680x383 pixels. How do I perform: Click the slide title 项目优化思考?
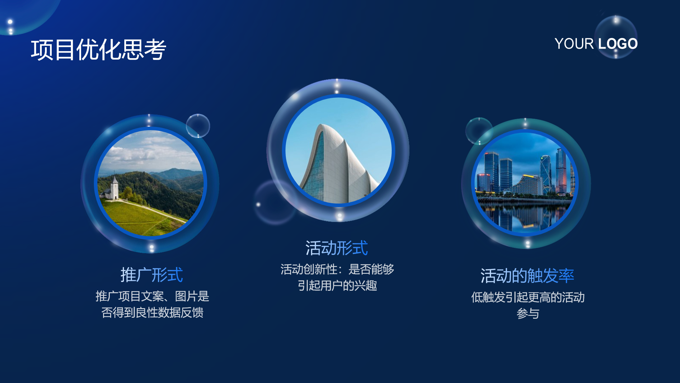[98, 50]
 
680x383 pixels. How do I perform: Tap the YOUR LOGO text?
[596, 44]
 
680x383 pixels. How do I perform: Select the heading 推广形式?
[152, 275]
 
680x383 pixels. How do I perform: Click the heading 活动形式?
[336, 248]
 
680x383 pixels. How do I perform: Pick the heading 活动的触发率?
[527, 276]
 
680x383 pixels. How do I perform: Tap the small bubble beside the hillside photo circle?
[198, 126]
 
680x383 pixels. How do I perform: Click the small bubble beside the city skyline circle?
[479, 131]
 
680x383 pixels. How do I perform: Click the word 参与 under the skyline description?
[528, 313]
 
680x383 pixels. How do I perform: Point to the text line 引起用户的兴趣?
[337, 285]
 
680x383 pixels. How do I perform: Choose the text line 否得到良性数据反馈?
[152, 312]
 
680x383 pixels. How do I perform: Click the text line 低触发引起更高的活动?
[528, 297]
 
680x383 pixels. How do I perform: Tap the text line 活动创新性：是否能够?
[337, 269]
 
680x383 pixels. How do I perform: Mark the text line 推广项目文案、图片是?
[152, 296]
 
